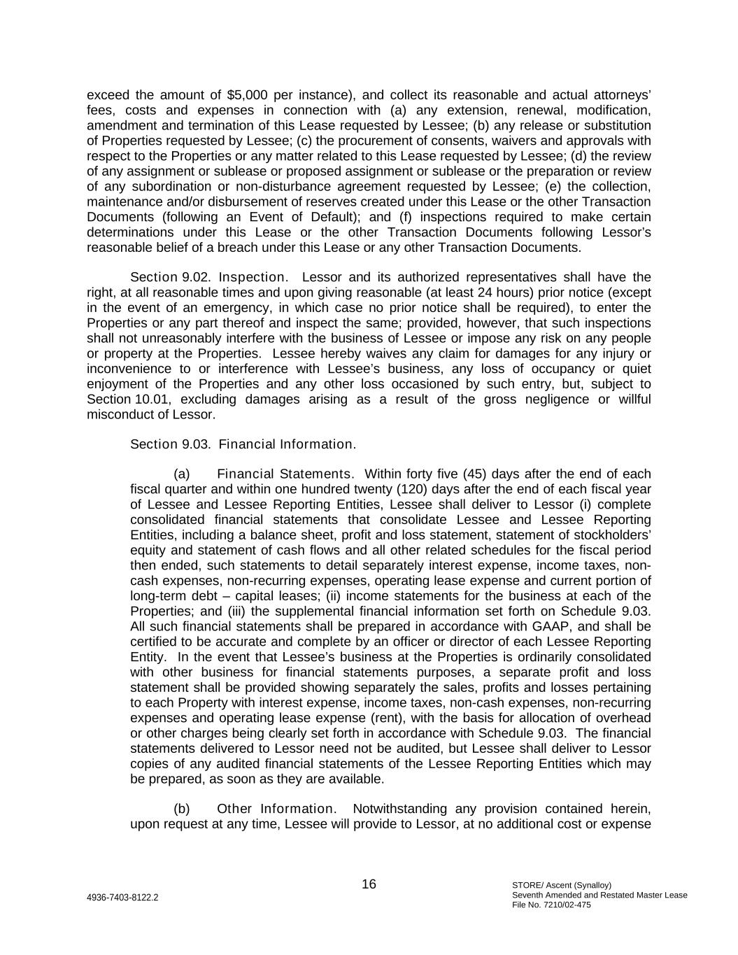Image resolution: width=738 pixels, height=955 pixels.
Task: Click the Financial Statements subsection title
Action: (284, 474)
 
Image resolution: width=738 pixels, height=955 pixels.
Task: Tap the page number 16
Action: (369, 884)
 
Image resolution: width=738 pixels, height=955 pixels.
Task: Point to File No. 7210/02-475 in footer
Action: (552, 905)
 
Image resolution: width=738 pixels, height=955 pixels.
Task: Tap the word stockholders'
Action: (609, 535)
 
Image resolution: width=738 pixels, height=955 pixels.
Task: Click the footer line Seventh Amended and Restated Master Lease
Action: (599, 895)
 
